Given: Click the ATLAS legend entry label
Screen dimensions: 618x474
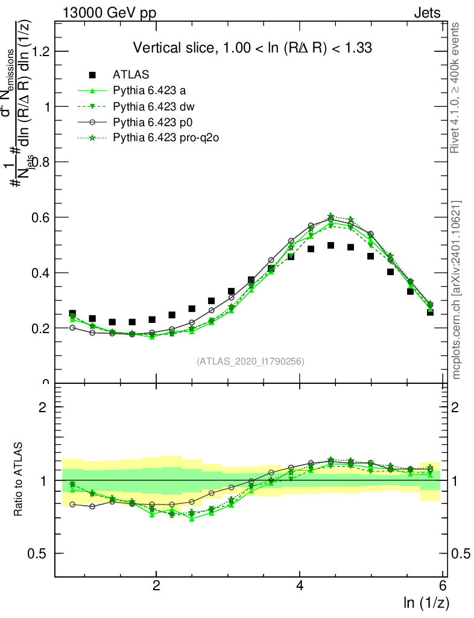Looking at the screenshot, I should pos(131,75).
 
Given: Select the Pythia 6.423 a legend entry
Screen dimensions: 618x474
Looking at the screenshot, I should pos(148,91).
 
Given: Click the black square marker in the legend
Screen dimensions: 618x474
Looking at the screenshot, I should pos(92,75).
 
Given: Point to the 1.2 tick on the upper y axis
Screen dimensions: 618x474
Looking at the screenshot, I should pos(38,51).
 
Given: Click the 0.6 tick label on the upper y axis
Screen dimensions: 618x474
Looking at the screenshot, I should pos(38,217).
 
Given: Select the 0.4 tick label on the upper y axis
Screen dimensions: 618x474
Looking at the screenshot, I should pos(38,273).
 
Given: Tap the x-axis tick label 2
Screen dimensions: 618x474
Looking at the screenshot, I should pos(156,585).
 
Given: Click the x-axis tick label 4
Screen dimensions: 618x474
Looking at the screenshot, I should pos(300,585).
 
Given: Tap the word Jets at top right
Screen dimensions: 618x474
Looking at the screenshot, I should pos(426,13).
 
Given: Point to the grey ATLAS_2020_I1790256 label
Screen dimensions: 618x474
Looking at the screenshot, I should pos(250,362).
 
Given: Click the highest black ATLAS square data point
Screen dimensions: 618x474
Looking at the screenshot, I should pos(330,245).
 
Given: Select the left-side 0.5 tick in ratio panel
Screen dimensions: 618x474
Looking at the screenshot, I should pos(38,553).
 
